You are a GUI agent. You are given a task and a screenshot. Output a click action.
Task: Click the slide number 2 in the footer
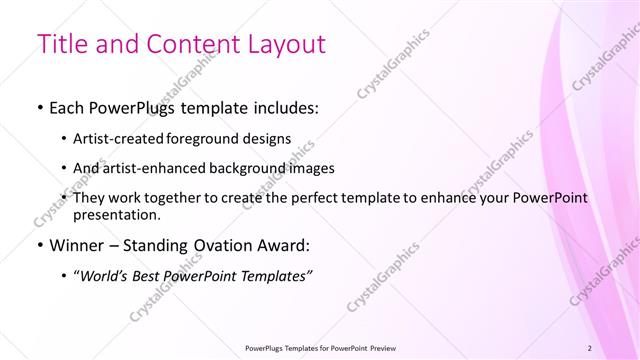[x=590, y=348]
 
